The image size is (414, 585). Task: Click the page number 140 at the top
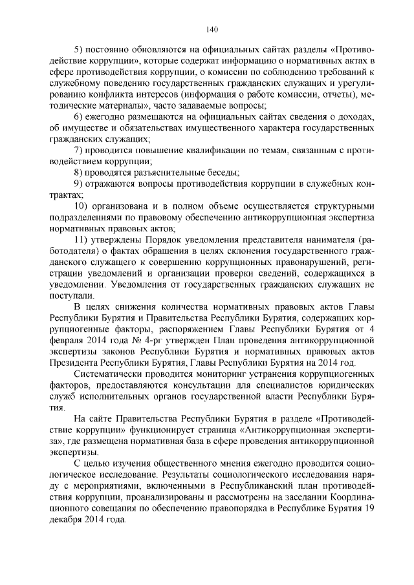point(211,28)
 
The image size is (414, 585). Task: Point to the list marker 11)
point(82,239)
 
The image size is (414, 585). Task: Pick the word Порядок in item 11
point(153,239)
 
